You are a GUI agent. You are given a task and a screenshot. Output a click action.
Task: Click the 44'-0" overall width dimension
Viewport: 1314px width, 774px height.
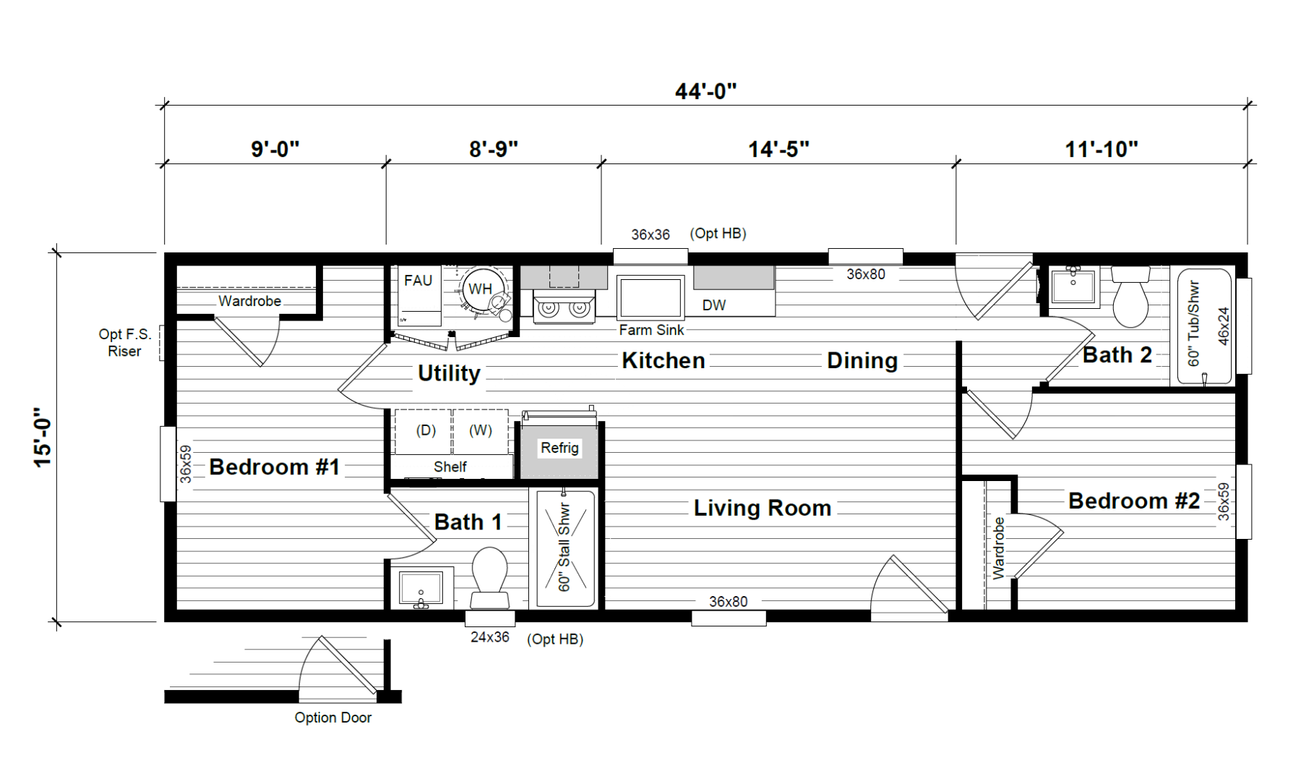coord(705,92)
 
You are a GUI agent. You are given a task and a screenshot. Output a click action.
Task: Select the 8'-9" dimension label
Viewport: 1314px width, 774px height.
coord(493,149)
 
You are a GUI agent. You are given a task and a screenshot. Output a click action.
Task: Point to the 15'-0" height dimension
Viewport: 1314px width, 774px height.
coord(43,437)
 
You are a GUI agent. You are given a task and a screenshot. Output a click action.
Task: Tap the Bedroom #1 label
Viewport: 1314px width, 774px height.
coord(274,467)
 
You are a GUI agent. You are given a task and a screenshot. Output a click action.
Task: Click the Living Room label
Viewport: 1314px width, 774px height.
coord(763,508)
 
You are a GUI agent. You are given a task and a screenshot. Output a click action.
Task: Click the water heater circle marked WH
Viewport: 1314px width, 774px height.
coord(480,289)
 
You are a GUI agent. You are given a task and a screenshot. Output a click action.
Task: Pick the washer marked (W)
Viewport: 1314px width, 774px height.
coord(481,432)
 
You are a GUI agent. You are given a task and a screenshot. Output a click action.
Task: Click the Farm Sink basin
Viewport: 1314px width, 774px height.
coord(650,297)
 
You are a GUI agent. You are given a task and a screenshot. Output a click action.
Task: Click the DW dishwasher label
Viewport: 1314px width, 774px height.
coord(714,305)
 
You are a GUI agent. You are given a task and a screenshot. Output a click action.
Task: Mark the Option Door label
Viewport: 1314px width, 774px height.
coord(333,718)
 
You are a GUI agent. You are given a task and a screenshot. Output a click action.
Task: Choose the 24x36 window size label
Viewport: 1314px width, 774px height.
coord(490,637)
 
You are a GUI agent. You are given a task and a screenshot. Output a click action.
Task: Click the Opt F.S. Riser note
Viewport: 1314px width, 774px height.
coord(125,343)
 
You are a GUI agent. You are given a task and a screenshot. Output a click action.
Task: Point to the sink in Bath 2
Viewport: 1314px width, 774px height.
coord(1073,287)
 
